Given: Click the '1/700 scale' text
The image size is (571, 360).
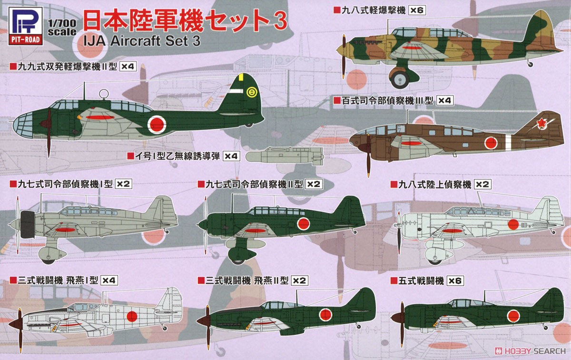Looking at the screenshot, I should (62, 28).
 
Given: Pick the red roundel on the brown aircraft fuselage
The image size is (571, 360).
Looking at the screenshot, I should (491, 142).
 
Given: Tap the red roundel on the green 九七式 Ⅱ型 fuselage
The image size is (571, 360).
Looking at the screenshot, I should (303, 224).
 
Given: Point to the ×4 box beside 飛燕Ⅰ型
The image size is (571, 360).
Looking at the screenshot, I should (109, 280).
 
